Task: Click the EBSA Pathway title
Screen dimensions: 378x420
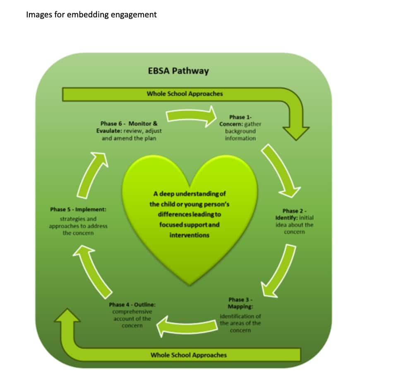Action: click(x=178, y=71)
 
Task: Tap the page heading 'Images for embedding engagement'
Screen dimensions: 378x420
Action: click(x=91, y=15)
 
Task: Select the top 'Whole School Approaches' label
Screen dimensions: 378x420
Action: click(x=185, y=94)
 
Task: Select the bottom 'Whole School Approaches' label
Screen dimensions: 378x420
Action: click(x=188, y=355)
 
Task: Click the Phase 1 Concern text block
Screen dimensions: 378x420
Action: click(x=240, y=128)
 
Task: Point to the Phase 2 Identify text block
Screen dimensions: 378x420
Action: click(x=294, y=221)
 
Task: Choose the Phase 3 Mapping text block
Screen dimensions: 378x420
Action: click(x=240, y=315)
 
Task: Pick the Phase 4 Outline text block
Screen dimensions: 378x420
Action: click(x=132, y=315)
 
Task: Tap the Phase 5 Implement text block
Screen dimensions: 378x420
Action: click(x=78, y=221)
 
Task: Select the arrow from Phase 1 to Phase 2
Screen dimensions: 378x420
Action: click(x=281, y=170)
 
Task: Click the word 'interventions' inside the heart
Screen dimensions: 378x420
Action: click(x=189, y=235)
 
